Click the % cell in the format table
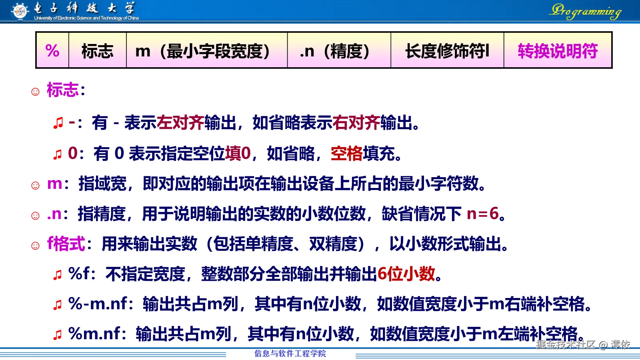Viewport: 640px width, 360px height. coord(52,51)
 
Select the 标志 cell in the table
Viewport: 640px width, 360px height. coord(97,51)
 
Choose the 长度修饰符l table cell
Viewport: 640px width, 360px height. coord(447,51)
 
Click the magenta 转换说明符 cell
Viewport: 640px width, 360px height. coord(558,51)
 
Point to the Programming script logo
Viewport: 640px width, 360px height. coord(586,11)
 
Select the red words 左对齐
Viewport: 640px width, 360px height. coord(180,123)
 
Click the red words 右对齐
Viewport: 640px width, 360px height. coord(356,123)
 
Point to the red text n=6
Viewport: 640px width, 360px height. coord(482,214)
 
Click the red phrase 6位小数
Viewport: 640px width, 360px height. coord(406,274)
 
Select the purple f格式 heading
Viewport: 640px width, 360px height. coord(66,244)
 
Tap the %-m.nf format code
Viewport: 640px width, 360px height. coord(98,304)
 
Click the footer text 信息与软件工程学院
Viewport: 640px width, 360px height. coord(290,353)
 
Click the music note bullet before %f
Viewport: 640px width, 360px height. coord(58,275)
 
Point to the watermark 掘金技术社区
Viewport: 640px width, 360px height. coord(566,344)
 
